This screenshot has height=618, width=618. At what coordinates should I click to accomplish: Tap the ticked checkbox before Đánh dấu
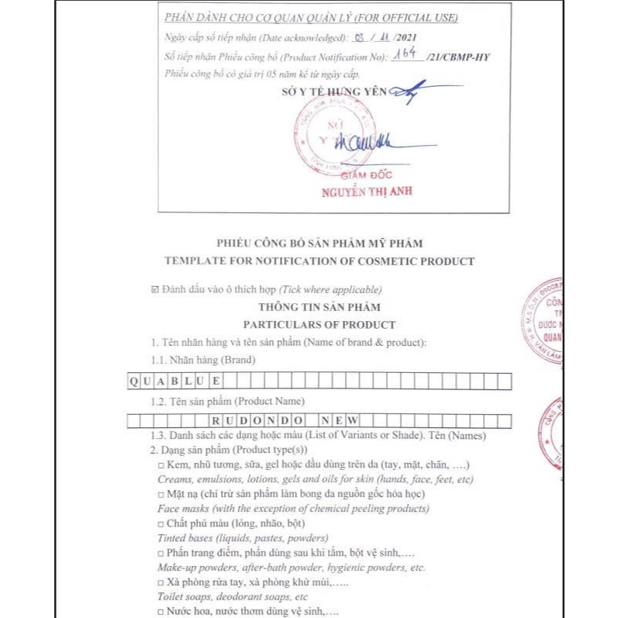pos(155,290)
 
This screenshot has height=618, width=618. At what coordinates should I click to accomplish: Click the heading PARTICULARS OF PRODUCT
pos(319,325)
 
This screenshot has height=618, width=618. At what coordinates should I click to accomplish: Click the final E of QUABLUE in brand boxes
pos(216,381)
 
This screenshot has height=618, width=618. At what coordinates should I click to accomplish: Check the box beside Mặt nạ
pos(161,494)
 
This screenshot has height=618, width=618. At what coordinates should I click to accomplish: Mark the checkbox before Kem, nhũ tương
pos(161,464)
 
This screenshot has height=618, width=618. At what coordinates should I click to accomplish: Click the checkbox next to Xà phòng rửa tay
pos(161,582)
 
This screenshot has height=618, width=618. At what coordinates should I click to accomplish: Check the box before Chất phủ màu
pos(161,523)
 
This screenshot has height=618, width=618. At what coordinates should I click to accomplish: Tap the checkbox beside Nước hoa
pos(161,612)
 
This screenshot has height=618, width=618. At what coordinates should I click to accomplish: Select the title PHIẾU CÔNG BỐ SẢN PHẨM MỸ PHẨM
pos(319,243)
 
